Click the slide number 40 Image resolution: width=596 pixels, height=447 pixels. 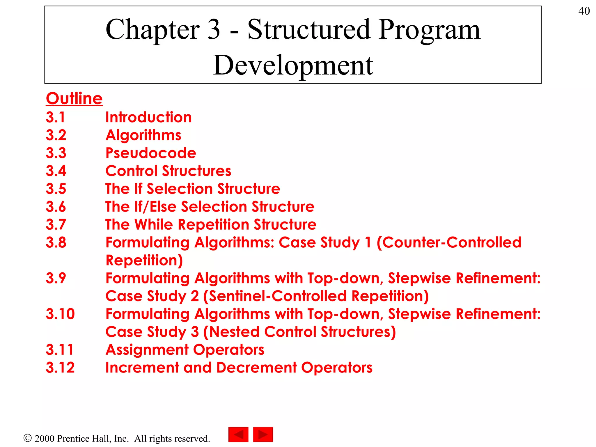coord(584,11)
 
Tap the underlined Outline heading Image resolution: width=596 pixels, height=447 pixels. coord(74,98)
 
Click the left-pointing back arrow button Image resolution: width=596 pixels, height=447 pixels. coord(238,434)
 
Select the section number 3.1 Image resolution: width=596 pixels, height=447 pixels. coord(56,117)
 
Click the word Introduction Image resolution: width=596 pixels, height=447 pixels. coord(148,117)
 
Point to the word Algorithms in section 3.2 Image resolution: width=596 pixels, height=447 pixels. coord(143,135)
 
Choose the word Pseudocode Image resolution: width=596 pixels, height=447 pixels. coord(151,153)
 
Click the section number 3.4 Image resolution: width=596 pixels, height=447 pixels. coord(56,171)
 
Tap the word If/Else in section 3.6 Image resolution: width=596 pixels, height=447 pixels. coord(155,207)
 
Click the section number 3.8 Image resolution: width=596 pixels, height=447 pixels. coord(56,242)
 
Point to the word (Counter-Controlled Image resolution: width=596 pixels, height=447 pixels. coord(449,242)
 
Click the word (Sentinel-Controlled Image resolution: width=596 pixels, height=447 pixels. coord(275,296)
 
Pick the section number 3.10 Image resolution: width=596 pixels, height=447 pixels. coord(60,314)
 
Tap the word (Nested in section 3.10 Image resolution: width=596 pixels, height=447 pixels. coord(231,332)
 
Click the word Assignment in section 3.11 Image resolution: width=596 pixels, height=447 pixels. coord(147,350)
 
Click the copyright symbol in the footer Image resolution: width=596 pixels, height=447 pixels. coord(27,438)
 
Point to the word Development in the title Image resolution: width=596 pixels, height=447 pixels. coord(293,65)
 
